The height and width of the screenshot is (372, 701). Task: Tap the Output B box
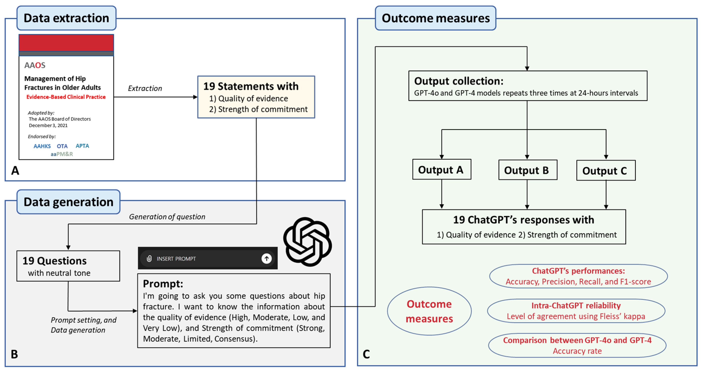[527, 170]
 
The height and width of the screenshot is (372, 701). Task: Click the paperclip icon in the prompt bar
[149, 259]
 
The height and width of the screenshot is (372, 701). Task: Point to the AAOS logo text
[35, 65]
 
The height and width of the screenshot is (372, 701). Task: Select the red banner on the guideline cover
[66, 43]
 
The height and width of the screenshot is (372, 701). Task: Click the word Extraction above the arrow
[145, 88]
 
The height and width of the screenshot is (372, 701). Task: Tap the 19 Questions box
[68, 266]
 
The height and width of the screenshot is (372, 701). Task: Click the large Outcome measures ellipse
[429, 311]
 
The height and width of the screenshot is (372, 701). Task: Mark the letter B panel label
[14, 354]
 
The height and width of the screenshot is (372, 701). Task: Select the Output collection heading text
[459, 81]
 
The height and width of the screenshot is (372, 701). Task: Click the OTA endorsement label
[62, 146]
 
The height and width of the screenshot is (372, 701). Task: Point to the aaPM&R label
[62, 154]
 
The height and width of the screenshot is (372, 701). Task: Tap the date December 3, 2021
[48, 125]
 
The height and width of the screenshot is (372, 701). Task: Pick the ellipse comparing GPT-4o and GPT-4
[577, 345]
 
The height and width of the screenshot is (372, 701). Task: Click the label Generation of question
[167, 217]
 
